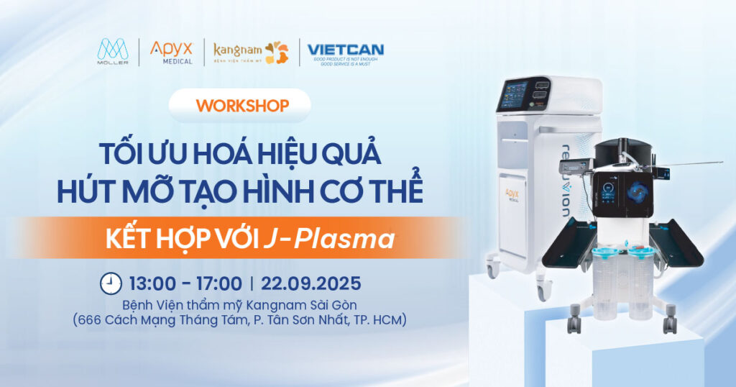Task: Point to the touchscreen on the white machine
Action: tap(514, 94)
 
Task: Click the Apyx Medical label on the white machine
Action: tap(512, 196)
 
